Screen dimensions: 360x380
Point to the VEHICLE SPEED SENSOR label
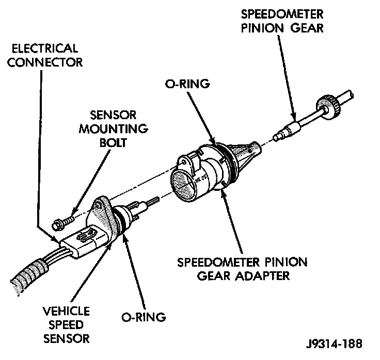[66, 325]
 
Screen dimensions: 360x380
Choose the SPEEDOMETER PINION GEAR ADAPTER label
[242, 269]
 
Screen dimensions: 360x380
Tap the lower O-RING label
[143, 317]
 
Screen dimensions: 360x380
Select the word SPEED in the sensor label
[66, 325]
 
